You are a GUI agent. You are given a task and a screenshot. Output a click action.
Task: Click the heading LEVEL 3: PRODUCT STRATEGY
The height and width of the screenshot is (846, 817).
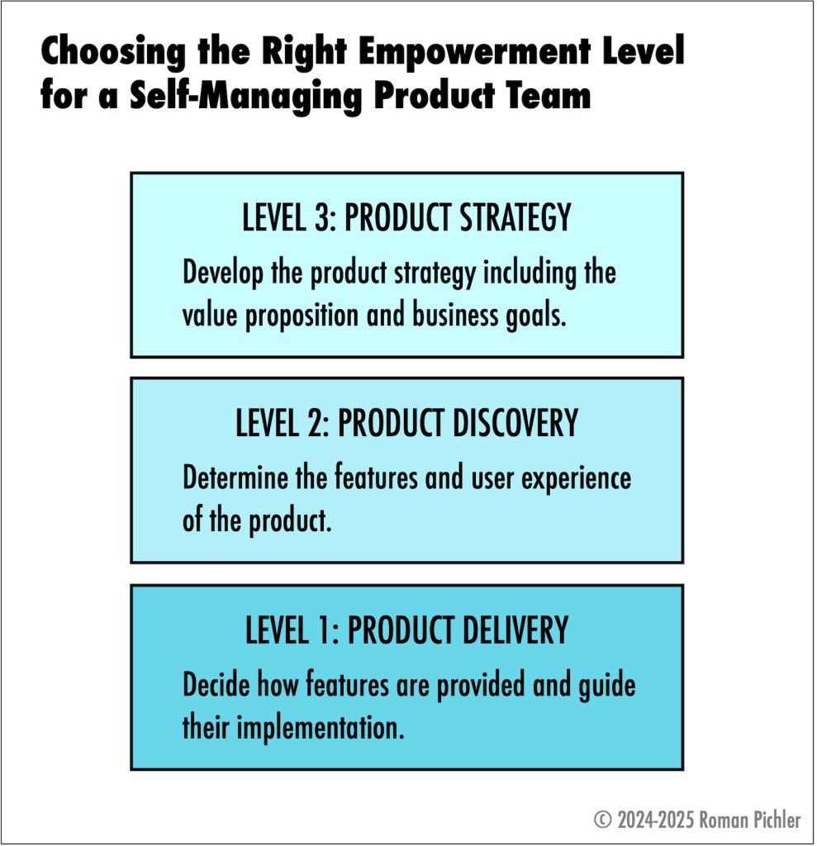coord(406,217)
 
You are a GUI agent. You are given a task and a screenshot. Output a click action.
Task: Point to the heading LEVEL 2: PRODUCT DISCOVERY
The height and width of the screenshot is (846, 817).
coord(406,423)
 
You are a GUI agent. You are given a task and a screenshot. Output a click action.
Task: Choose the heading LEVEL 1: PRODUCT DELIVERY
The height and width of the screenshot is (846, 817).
coord(406,630)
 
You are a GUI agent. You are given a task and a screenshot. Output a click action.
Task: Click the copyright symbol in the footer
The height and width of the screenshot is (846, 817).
coord(602,820)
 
